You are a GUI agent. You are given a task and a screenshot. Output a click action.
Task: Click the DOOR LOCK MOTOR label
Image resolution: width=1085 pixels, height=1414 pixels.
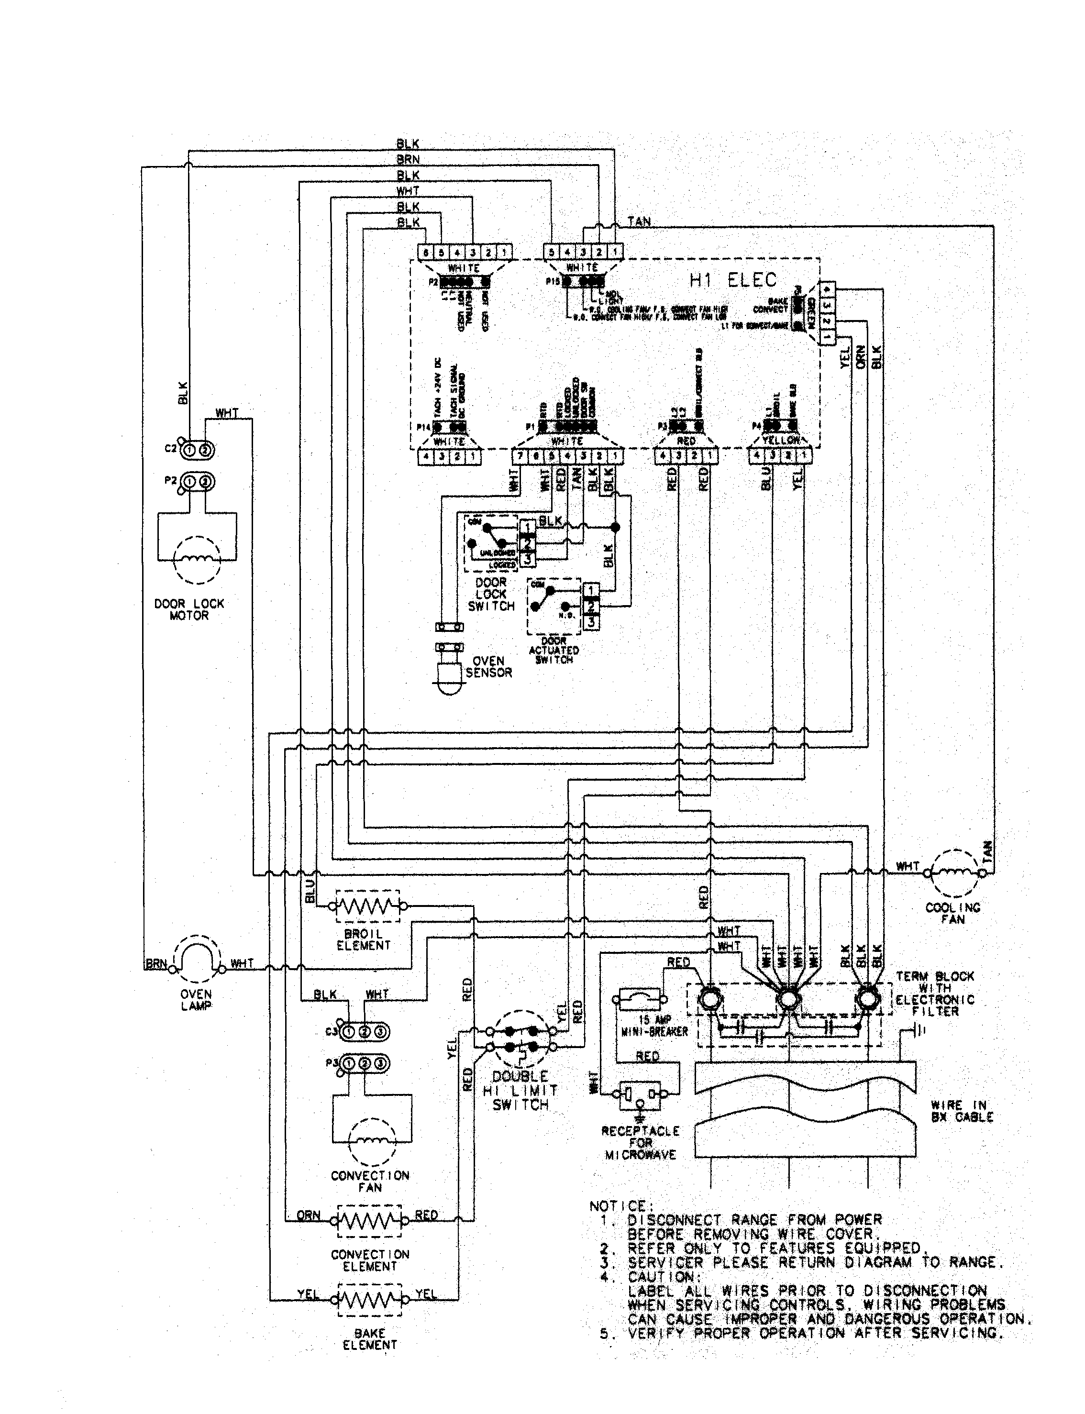click(189, 609)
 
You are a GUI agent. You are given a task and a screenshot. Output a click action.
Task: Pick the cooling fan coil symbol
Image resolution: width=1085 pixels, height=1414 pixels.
click(954, 873)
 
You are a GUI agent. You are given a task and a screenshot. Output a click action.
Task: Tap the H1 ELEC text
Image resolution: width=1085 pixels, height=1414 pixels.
click(733, 280)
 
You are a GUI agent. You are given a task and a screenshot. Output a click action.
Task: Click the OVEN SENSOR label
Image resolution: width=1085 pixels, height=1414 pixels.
click(489, 667)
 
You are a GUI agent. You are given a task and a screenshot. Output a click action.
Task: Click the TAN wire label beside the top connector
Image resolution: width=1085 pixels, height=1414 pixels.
click(639, 221)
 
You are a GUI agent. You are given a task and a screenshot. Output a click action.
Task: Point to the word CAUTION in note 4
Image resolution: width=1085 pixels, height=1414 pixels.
click(661, 1277)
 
